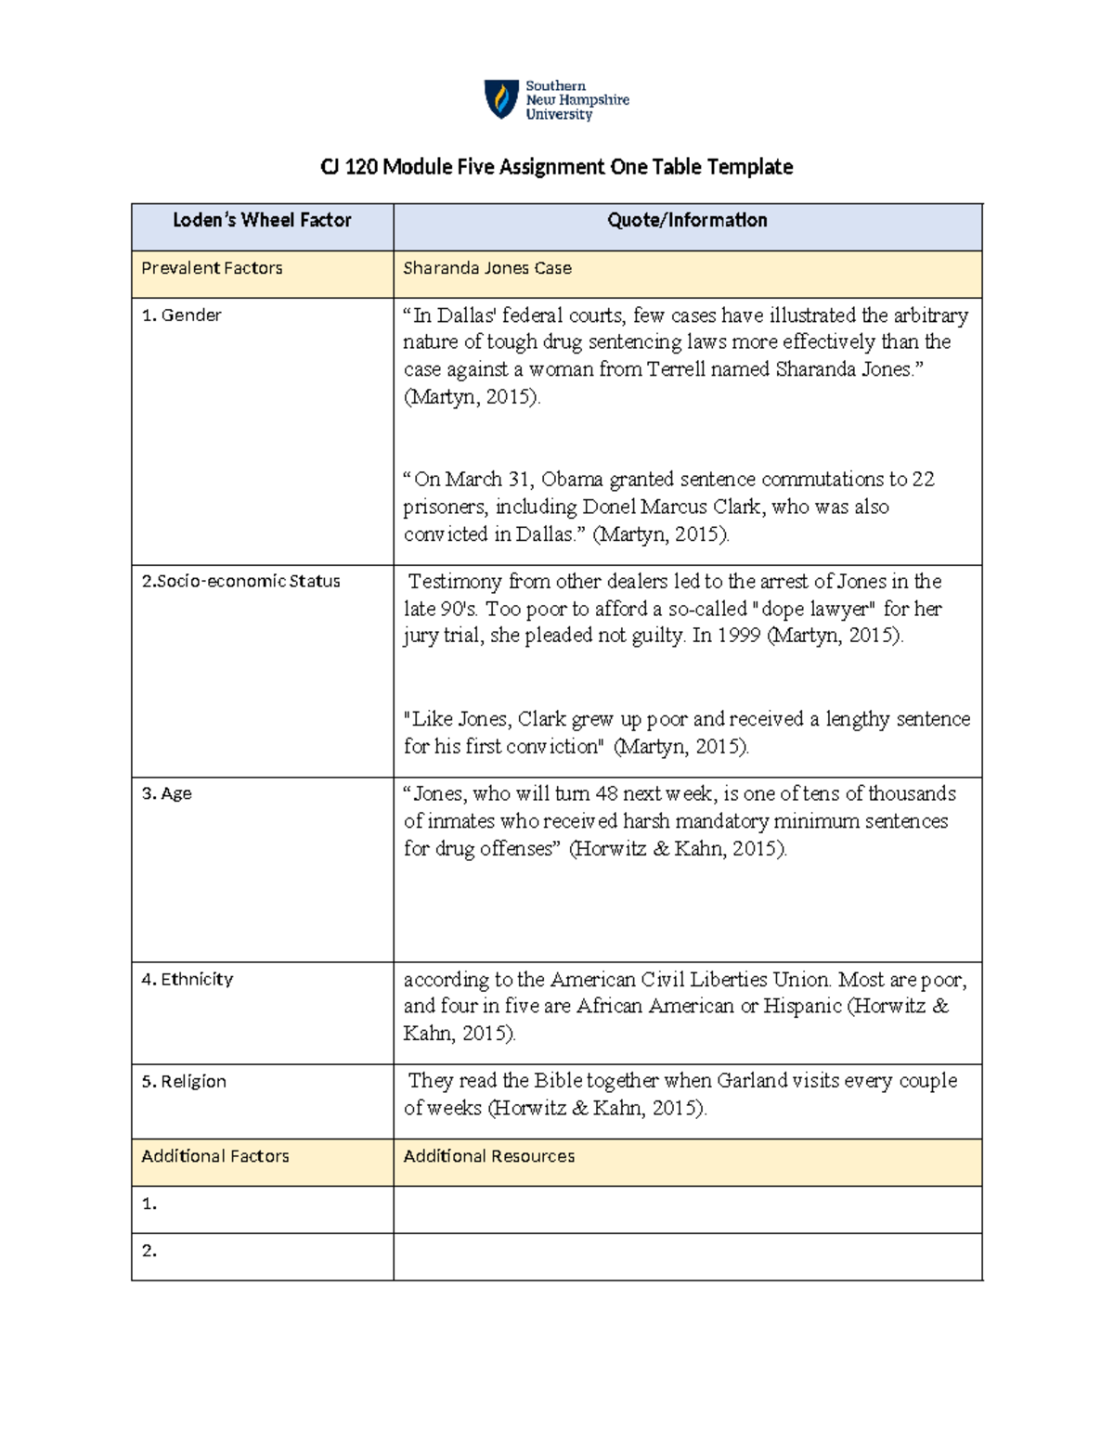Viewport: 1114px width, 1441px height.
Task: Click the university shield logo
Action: (501, 99)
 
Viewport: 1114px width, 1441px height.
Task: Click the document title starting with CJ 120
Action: (556, 167)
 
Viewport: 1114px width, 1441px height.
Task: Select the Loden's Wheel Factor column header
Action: (262, 221)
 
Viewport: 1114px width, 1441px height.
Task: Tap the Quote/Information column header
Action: (687, 221)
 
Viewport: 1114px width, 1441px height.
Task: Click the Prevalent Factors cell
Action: (212, 268)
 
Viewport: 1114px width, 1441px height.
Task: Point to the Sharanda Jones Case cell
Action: (487, 268)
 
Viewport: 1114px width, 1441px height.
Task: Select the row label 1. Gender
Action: (181, 315)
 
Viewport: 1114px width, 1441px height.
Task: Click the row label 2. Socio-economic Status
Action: (240, 582)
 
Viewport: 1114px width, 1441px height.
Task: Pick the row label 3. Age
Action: (166, 793)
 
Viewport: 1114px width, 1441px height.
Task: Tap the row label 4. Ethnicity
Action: (187, 979)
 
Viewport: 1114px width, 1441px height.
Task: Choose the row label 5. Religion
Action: (184, 1081)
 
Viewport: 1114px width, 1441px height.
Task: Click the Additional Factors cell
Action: (215, 1156)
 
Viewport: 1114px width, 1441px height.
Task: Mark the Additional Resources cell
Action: (489, 1156)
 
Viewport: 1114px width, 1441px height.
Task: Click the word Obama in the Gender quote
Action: (572, 480)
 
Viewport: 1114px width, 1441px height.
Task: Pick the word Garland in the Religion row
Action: (751, 1081)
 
